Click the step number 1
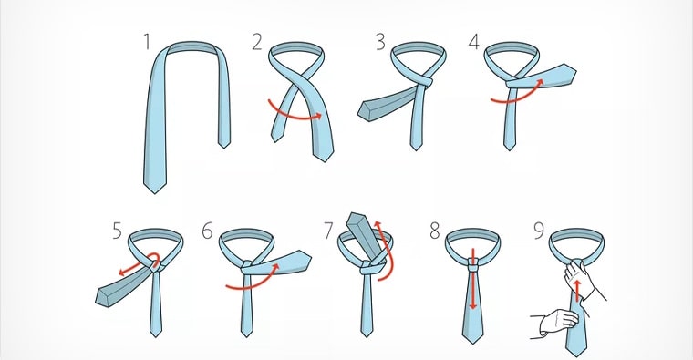pyautogui.click(x=147, y=42)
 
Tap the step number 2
pyautogui.click(x=257, y=42)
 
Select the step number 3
pyautogui.click(x=380, y=42)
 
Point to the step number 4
pyautogui.click(x=474, y=42)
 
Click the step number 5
pyautogui.click(x=117, y=231)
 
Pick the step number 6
pyautogui.click(x=207, y=231)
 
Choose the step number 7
pyautogui.click(x=328, y=231)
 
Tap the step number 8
pyautogui.click(x=435, y=231)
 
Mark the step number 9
pyautogui.click(x=539, y=231)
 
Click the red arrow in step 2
pyautogui.click(x=294, y=117)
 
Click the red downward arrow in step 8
pyautogui.click(x=472, y=279)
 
